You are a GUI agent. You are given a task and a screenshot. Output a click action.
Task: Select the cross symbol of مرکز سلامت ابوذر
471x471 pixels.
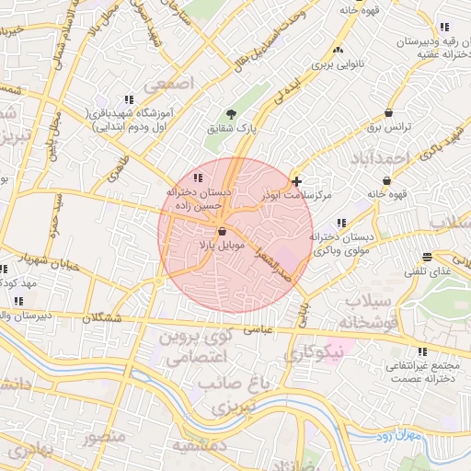coord(295,182)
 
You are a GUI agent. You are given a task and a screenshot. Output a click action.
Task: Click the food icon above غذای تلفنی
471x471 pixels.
coord(426,258)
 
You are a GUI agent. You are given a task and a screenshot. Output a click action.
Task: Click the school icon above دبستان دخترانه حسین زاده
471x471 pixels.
coord(197,178)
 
